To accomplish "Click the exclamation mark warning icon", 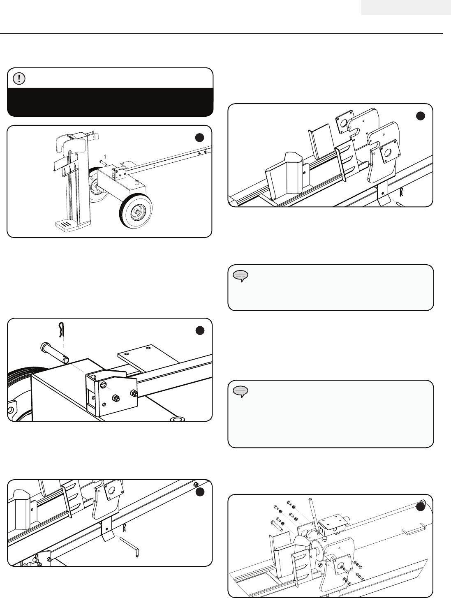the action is (19, 78).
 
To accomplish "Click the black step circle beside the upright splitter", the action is (200, 138).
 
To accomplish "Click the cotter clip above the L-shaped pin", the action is (125, 526).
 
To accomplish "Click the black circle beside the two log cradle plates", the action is (420, 116).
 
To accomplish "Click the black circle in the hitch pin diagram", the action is (200, 330).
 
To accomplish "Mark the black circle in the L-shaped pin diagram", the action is (200, 492).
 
